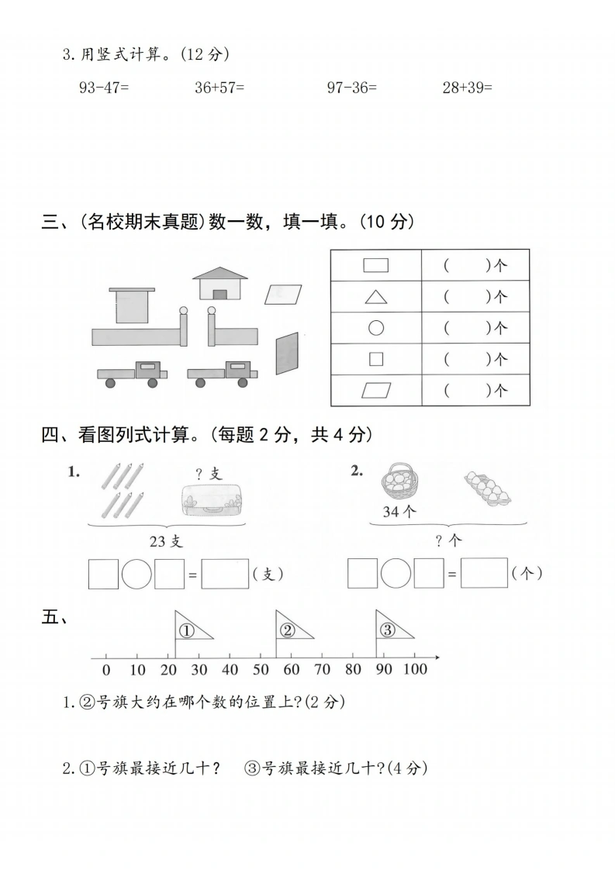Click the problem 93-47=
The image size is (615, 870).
[104, 87]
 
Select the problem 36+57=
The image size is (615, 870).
[219, 87]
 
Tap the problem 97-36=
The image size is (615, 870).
[352, 87]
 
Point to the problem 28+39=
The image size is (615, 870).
[468, 87]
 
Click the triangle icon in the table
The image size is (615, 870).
[376, 298]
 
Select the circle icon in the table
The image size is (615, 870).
[376, 329]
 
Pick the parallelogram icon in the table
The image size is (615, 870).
[376, 391]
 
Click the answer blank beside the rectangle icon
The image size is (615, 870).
[475, 266]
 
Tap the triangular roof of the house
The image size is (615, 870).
[220, 273]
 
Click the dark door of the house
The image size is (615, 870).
[219, 295]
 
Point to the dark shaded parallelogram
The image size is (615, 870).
[287, 354]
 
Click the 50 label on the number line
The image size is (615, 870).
[261, 670]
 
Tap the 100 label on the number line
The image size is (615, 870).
[415, 669]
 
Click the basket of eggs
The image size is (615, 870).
[399, 481]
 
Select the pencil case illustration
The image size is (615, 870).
[213, 500]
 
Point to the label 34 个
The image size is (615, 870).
[399, 512]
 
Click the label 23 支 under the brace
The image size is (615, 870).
[166, 541]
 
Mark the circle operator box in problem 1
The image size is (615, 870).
[136, 574]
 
